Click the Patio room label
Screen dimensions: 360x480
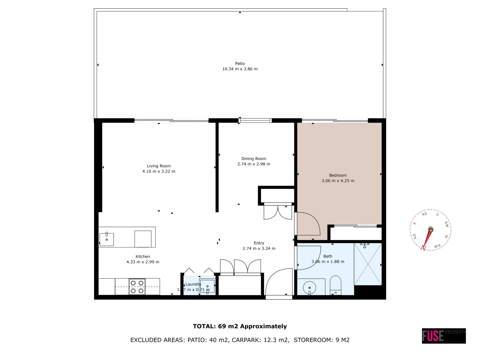point(240,63)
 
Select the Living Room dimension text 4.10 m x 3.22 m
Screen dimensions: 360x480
point(159,171)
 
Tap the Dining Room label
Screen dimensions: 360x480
point(254,159)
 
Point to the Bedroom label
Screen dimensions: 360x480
point(338,175)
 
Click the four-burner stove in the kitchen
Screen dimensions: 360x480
point(137,287)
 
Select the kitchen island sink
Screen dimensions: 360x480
point(107,239)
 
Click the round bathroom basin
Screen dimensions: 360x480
point(310,287)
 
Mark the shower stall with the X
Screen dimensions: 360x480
point(368,264)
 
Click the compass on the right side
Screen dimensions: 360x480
point(430,230)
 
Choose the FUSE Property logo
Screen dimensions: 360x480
point(443,336)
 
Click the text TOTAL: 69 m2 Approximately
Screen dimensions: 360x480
point(240,326)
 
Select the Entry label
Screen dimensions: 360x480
point(259,243)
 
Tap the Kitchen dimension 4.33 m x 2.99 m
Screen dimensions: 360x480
point(143,262)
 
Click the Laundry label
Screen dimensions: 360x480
point(193,284)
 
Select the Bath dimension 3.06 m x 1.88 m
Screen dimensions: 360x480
point(328,262)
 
